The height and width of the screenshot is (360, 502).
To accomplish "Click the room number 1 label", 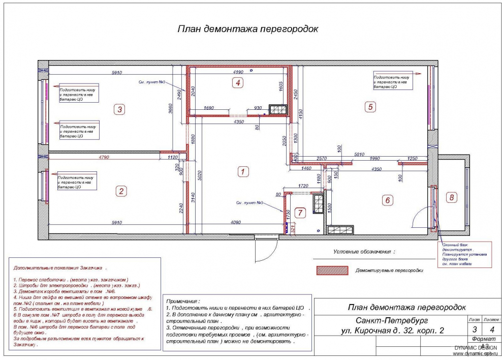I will [x=244, y=172].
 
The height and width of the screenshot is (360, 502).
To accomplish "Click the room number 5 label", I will [x=370, y=107].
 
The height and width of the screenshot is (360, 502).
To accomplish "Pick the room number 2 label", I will [x=121, y=191].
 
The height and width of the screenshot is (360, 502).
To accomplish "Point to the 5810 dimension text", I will [x=359, y=154].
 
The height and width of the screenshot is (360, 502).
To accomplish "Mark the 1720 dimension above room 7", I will [x=304, y=187].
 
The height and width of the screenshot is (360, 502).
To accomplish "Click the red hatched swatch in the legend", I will [x=332, y=271].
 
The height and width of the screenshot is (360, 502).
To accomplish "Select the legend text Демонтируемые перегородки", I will [x=389, y=271].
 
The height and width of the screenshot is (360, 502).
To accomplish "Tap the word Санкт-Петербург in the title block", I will [x=383, y=321].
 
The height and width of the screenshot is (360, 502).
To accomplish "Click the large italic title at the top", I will [x=247, y=29].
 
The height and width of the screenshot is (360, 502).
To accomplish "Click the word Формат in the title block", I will [x=482, y=338].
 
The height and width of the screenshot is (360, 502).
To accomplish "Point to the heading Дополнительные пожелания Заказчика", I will [x=60, y=267].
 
